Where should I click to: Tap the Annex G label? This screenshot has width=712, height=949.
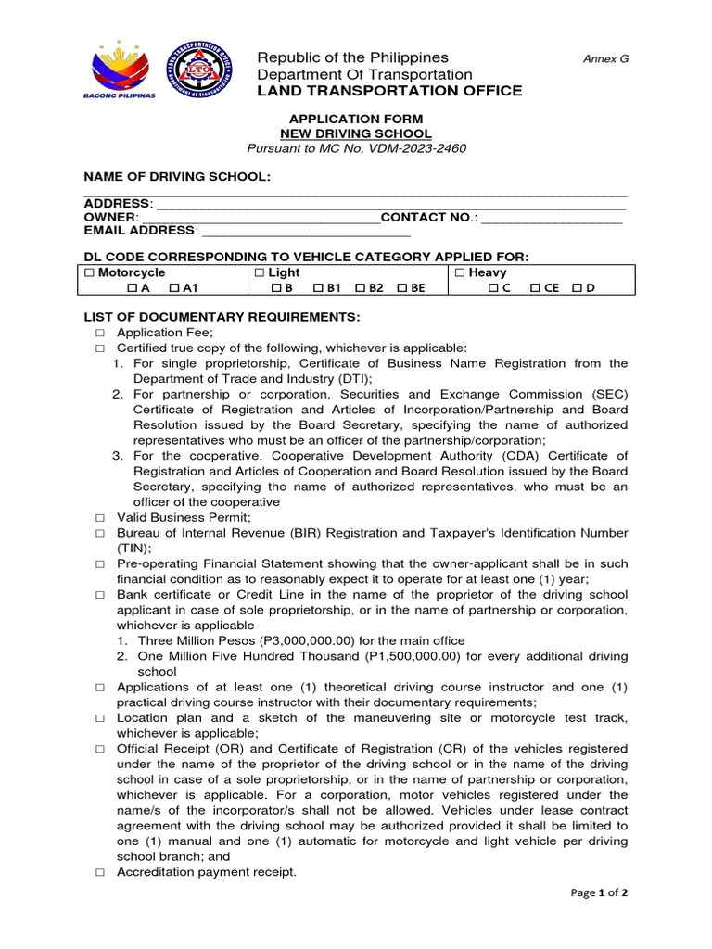[x=605, y=58]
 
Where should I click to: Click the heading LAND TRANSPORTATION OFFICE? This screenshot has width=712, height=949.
[x=389, y=91]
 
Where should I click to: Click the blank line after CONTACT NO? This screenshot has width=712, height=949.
[x=552, y=218]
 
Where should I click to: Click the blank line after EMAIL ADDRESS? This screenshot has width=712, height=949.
[x=305, y=232]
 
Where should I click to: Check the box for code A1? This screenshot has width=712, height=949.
[x=173, y=288]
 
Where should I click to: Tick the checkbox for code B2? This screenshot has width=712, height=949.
[x=360, y=288]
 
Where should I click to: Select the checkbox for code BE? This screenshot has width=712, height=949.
[x=401, y=288]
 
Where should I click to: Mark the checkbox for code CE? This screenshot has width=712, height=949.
[x=535, y=288]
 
